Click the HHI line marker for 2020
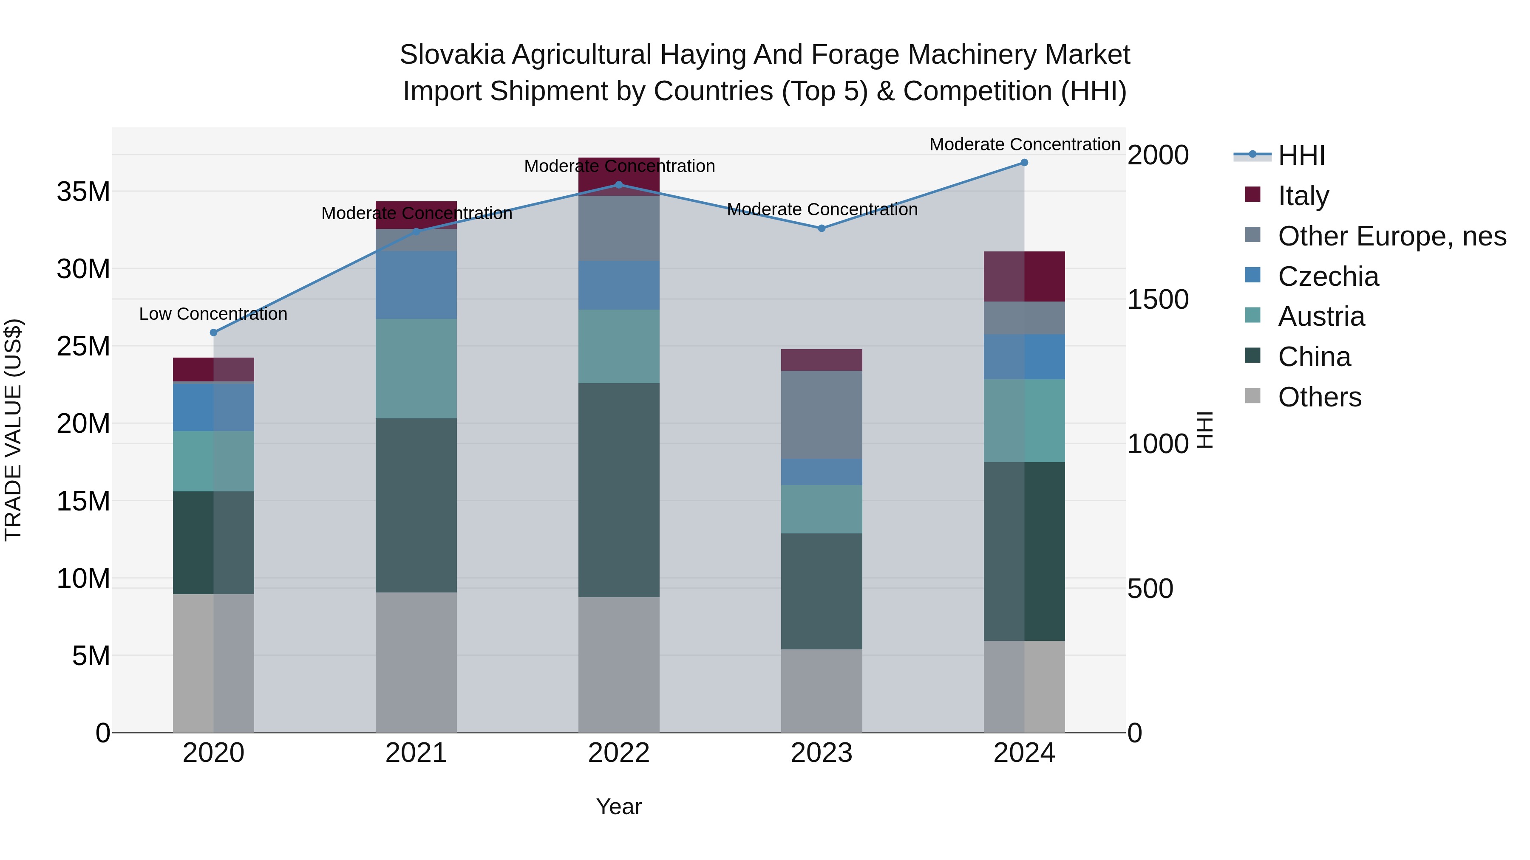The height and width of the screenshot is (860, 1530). [x=214, y=333]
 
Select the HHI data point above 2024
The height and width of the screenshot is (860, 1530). [x=1024, y=163]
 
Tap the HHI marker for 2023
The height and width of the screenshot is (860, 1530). [x=822, y=228]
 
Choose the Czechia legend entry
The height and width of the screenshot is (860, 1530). [x=1328, y=276]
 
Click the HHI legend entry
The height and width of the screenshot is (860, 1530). [x=1301, y=155]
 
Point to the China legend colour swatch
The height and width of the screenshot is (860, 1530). [x=1252, y=355]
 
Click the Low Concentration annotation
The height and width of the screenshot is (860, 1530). [x=213, y=314]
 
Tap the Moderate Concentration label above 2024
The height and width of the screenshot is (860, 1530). [x=1025, y=144]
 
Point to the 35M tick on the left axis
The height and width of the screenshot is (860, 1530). [x=83, y=192]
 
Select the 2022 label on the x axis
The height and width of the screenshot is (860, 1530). [x=619, y=753]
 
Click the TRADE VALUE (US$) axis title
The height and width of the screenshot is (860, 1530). [x=13, y=430]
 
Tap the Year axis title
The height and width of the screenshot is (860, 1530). [x=619, y=806]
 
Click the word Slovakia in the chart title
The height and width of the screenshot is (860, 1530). [x=451, y=55]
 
